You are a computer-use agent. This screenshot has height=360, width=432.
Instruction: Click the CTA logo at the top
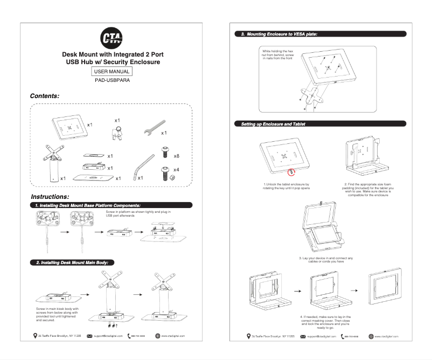click(x=112, y=38)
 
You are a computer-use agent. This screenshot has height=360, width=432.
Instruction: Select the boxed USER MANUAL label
click(x=112, y=71)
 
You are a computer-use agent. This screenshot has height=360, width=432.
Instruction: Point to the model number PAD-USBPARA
click(x=112, y=80)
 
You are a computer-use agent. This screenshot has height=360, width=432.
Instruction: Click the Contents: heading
click(x=44, y=95)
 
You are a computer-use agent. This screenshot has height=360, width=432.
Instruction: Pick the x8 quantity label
click(x=176, y=155)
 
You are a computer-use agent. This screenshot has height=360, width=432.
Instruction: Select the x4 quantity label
click(x=176, y=170)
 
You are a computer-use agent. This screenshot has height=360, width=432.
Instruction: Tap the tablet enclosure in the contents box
click(x=69, y=127)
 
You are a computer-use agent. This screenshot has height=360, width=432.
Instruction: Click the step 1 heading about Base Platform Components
click(x=88, y=205)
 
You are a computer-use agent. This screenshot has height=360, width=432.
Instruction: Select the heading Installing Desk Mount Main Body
click(x=72, y=262)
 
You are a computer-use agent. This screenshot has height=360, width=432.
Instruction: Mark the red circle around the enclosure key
click(x=291, y=172)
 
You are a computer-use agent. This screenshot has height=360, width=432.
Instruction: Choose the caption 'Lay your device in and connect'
click(x=325, y=260)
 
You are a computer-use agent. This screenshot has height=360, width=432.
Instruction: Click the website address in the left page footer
click(x=173, y=336)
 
